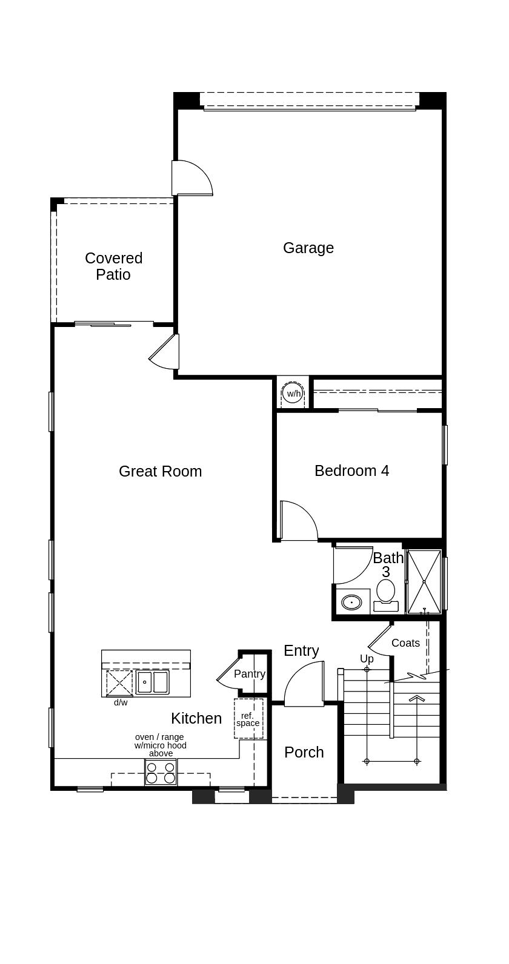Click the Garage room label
tap(308, 248)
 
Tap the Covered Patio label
tap(113, 266)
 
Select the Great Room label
tap(160, 471)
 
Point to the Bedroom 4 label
tap(352, 471)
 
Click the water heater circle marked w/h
tap(293, 394)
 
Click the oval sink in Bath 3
tap(352, 602)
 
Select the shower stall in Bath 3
tap(424, 581)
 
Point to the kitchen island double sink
tap(153, 682)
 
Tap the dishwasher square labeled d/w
tap(119, 682)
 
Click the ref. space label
tap(248, 719)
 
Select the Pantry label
tap(250, 673)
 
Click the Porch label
tap(304, 752)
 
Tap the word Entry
tap(301, 651)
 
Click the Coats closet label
tap(405, 643)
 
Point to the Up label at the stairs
tap(367, 659)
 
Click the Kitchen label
tap(196, 718)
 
